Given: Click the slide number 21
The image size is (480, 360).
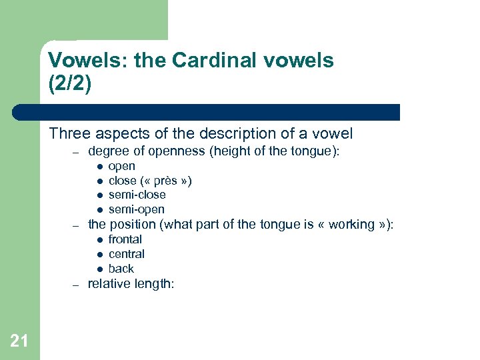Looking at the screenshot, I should [19, 341].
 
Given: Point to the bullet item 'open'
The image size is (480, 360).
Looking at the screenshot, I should [121, 166].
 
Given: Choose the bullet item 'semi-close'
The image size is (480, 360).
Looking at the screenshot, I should [137, 195].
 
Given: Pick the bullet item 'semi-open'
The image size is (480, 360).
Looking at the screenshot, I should [136, 209].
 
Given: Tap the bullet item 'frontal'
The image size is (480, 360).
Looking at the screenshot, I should [125, 239].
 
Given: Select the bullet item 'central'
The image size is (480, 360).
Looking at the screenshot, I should [126, 254].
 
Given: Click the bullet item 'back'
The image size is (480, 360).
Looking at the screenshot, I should [121, 269].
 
